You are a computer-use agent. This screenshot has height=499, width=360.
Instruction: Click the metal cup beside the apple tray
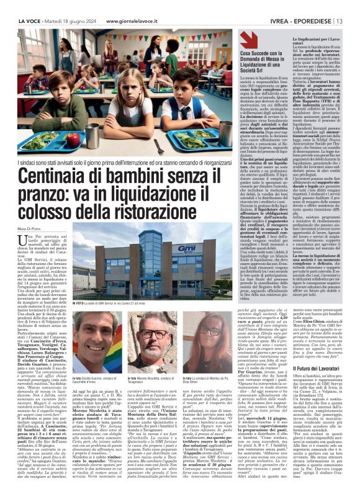pyautogui.click(x=96, y=132)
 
